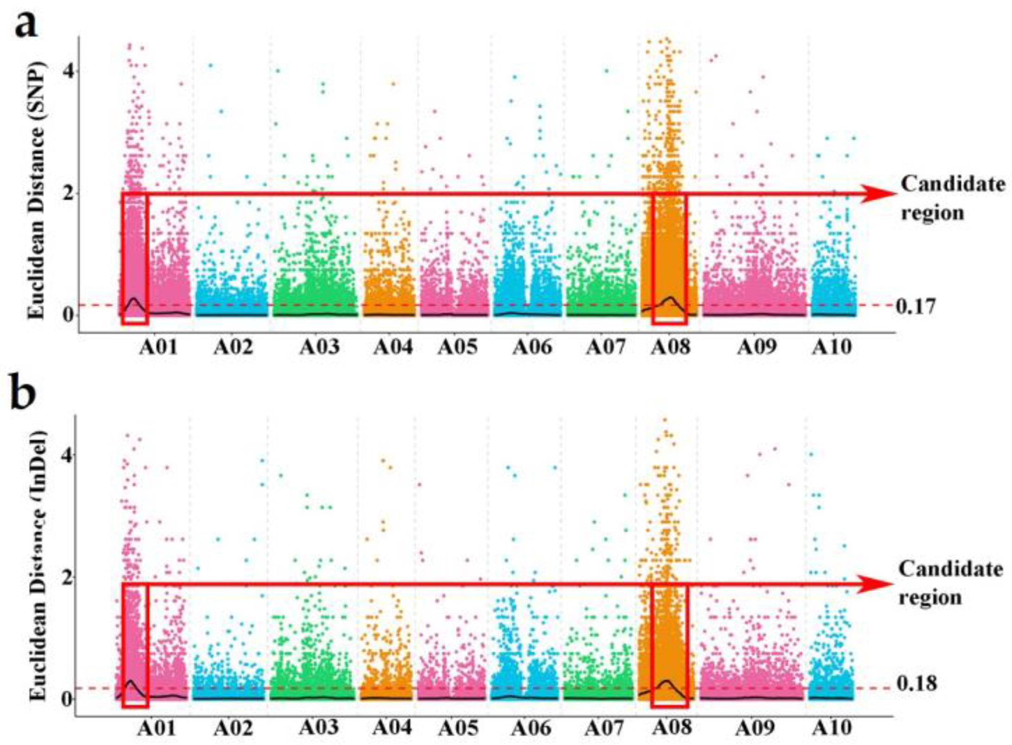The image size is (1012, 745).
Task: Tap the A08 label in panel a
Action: click(670, 347)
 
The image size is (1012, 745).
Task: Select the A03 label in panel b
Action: click(318, 727)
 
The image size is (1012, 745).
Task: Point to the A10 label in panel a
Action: click(831, 347)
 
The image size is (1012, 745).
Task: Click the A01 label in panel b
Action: click(157, 728)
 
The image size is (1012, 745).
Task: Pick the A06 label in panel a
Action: click(532, 347)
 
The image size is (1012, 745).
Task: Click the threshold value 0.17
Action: click(915, 307)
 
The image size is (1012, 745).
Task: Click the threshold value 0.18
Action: click(916, 684)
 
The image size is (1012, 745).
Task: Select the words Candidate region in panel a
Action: click(952, 198)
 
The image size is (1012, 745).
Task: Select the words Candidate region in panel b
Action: click(950, 583)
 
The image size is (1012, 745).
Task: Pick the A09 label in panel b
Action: click(755, 728)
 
